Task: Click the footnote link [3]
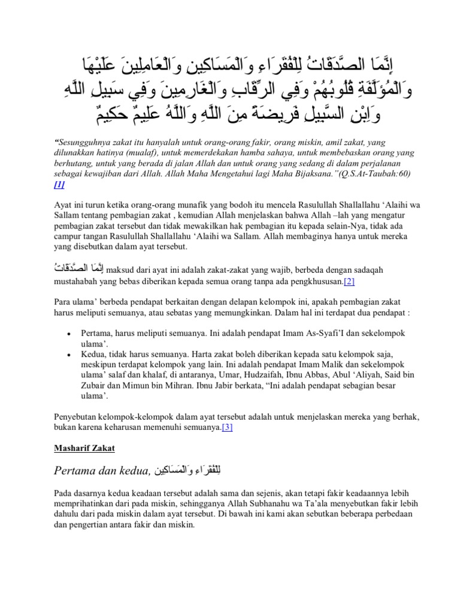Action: (x=227, y=428)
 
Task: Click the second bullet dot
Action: (x=71, y=354)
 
